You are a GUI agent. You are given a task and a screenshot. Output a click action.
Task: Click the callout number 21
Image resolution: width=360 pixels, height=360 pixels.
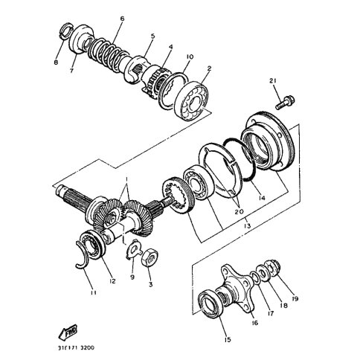tap(273, 81)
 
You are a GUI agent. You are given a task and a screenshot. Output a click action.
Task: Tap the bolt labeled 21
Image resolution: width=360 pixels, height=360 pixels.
tap(285, 103)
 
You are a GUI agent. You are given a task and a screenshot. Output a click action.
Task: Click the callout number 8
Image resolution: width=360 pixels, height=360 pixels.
tap(56, 62)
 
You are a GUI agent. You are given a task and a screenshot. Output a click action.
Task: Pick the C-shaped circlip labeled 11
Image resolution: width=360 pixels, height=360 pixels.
tap(83, 256)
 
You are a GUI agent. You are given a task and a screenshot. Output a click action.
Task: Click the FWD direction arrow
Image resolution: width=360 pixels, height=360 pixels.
tap(68, 332)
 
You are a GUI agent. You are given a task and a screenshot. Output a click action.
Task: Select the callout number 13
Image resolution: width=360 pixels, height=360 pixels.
tap(247, 225)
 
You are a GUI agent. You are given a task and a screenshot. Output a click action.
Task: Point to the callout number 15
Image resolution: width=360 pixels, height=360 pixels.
tap(228, 339)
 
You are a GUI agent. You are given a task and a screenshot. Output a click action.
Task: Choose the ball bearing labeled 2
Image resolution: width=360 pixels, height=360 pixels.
tap(191, 102)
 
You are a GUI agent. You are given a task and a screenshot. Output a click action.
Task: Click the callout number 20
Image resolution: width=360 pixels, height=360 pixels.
tap(240, 212)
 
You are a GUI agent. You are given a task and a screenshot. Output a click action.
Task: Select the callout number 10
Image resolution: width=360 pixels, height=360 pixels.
tap(189, 57)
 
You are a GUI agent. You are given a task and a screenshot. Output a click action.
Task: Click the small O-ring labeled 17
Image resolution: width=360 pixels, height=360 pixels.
tap(255, 278)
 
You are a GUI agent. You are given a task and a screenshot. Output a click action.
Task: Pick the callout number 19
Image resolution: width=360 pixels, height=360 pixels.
tap(295, 298)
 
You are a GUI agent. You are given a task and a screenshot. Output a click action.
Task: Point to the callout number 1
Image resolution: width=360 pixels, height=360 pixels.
tap(126, 179)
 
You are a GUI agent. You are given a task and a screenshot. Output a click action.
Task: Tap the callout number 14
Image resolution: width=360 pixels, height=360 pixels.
tap(261, 198)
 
